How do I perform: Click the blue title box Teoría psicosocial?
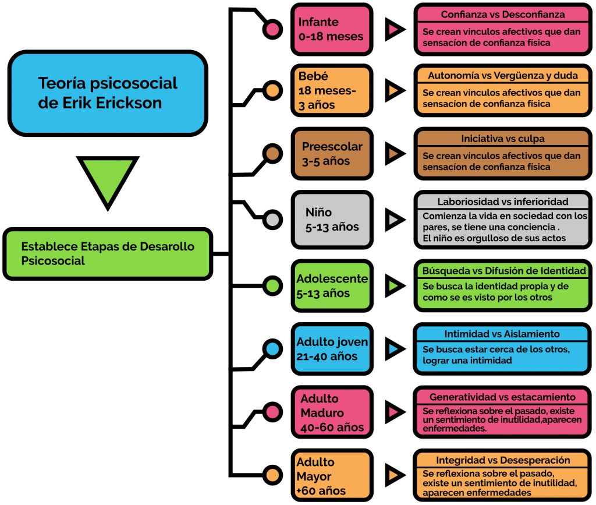click(108, 93)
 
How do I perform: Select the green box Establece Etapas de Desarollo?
click(108, 253)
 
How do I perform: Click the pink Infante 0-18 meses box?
click(332, 29)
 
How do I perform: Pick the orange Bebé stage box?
click(332, 90)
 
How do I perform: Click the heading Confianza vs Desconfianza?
click(502, 15)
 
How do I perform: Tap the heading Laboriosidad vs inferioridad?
click(502, 202)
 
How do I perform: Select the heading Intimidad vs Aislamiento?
click(502, 334)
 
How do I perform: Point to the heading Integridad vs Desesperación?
click(503, 461)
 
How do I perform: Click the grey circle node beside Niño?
click(272, 220)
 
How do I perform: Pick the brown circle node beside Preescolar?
click(272, 154)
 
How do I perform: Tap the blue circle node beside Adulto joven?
click(272, 349)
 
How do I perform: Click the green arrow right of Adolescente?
click(395, 285)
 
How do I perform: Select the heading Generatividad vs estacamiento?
click(502, 397)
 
